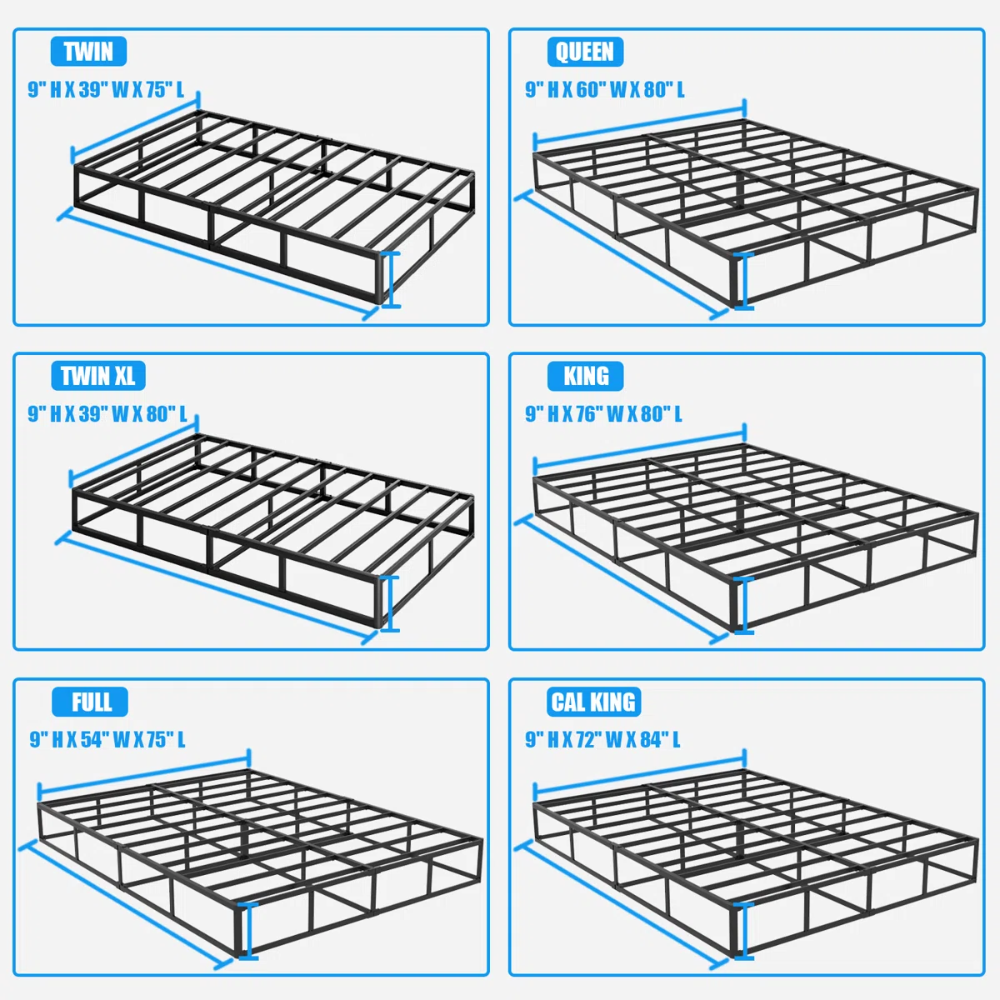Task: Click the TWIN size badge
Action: click(88, 52)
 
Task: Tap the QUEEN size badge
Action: click(585, 52)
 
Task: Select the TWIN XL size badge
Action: click(98, 376)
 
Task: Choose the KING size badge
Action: click(585, 376)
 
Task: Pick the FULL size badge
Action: click(90, 702)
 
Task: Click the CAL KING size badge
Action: click(593, 702)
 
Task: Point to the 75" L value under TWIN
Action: click(164, 90)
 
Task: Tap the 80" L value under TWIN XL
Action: click(167, 414)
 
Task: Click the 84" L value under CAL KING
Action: click(660, 739)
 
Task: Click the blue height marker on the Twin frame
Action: click(391, 280)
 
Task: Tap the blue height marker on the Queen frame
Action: click(743, 282)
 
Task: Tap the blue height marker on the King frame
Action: click(743, 606)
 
